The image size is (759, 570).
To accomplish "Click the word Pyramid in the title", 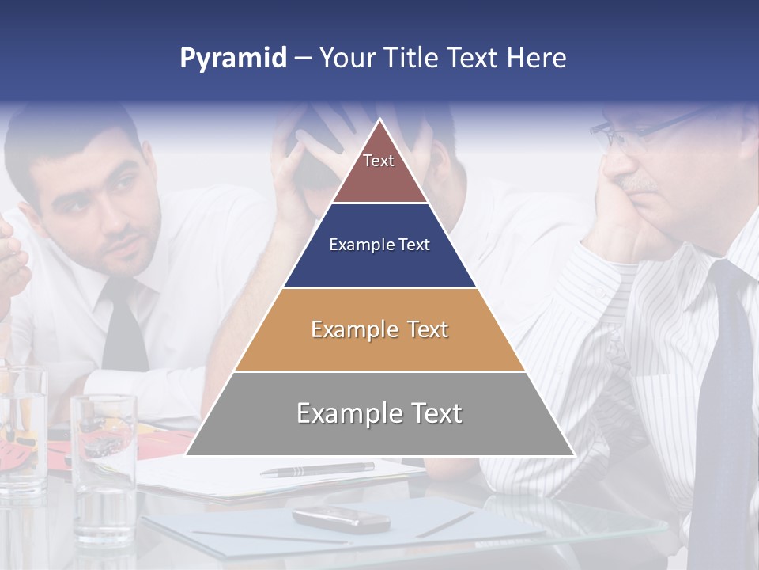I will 233,59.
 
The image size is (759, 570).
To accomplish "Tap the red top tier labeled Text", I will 379,170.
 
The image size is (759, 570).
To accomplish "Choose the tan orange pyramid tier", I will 379,329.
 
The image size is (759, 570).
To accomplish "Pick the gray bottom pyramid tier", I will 379,414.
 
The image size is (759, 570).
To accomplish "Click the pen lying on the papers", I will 317,469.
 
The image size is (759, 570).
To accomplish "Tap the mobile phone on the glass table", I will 341,519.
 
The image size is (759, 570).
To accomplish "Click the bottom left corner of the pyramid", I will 187,455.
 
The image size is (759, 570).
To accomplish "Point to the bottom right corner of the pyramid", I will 574,455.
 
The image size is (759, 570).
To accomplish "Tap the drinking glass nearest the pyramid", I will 104,467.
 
